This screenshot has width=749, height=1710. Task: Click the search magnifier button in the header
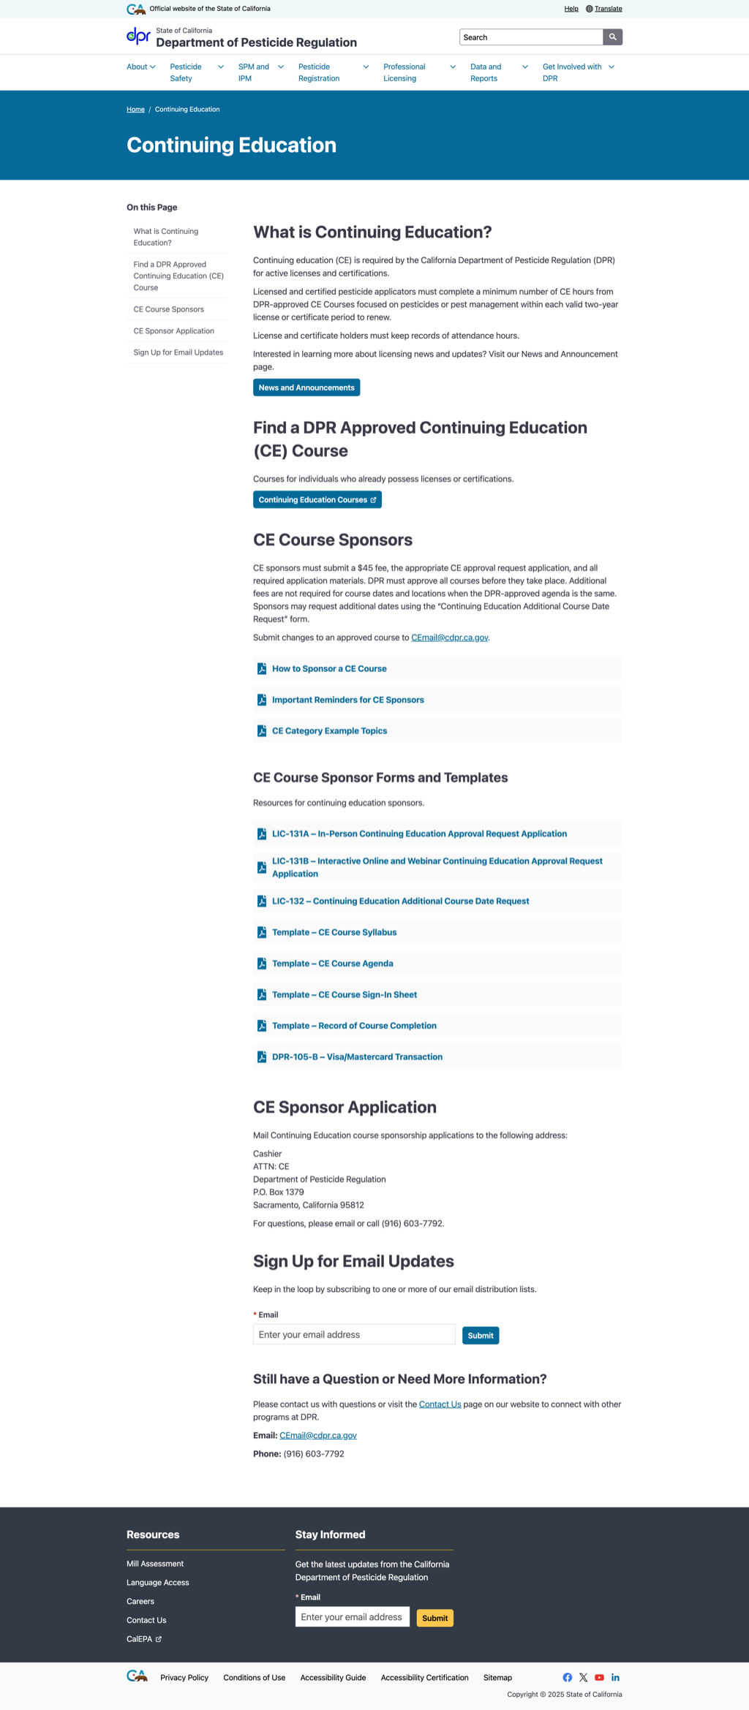coord(612,37)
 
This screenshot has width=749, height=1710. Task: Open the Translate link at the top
coord(608,9)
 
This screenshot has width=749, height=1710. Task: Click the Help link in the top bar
coord(571,9)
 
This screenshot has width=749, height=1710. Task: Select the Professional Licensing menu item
coord(404,72)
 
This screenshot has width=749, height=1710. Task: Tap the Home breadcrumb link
coord(135,110)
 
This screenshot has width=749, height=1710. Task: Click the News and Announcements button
coord(306,387)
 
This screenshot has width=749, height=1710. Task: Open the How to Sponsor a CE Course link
coord(329,669)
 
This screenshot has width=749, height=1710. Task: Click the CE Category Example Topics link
coord(329,731)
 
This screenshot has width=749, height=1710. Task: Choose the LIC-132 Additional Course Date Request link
coord(400,901)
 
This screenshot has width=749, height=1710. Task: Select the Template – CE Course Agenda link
coord(332,964)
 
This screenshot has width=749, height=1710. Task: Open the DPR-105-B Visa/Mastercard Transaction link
coord(357,1057)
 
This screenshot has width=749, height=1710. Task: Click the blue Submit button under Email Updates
coord(481,1336)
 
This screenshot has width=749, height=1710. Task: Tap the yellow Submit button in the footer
coord(434,1618)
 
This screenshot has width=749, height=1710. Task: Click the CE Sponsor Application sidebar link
coord(173,331)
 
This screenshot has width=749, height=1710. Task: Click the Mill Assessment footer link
coord(155,1564)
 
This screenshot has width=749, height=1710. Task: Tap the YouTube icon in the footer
coord(599,1678)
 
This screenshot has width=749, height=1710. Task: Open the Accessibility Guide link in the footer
coord(333,1678)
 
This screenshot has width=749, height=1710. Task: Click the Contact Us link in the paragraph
coord(440,1404)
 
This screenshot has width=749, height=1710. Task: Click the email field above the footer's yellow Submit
coord(352,1617)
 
